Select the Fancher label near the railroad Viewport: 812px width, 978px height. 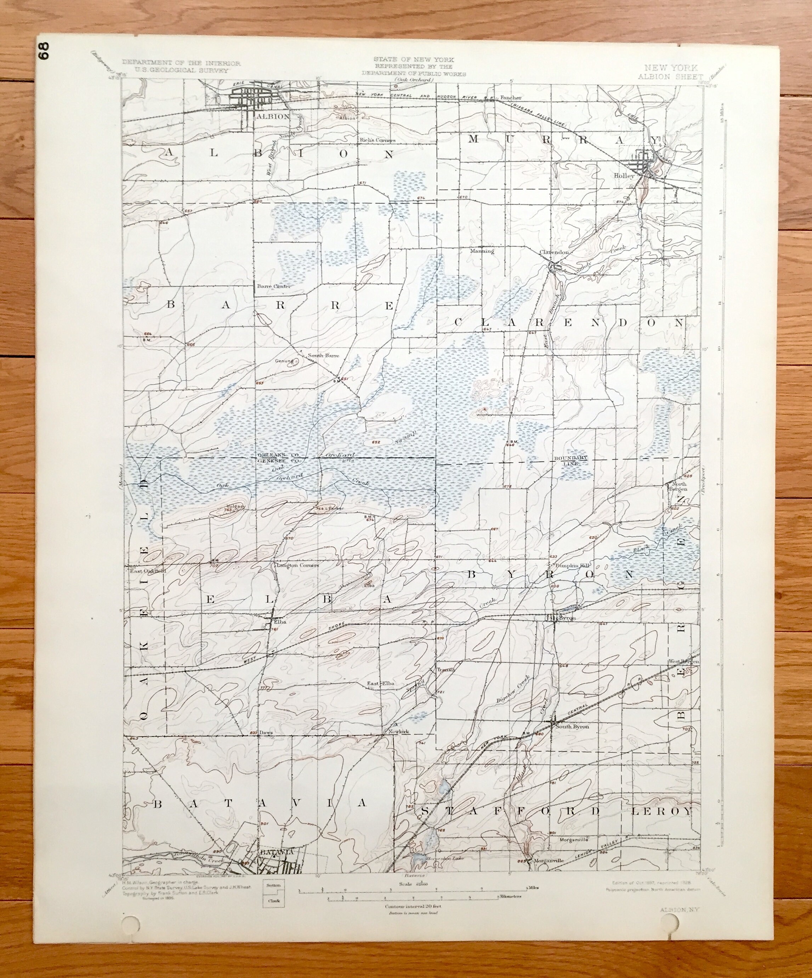click(x=511, y=98)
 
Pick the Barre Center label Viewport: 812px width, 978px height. click(x=274, y=286)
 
